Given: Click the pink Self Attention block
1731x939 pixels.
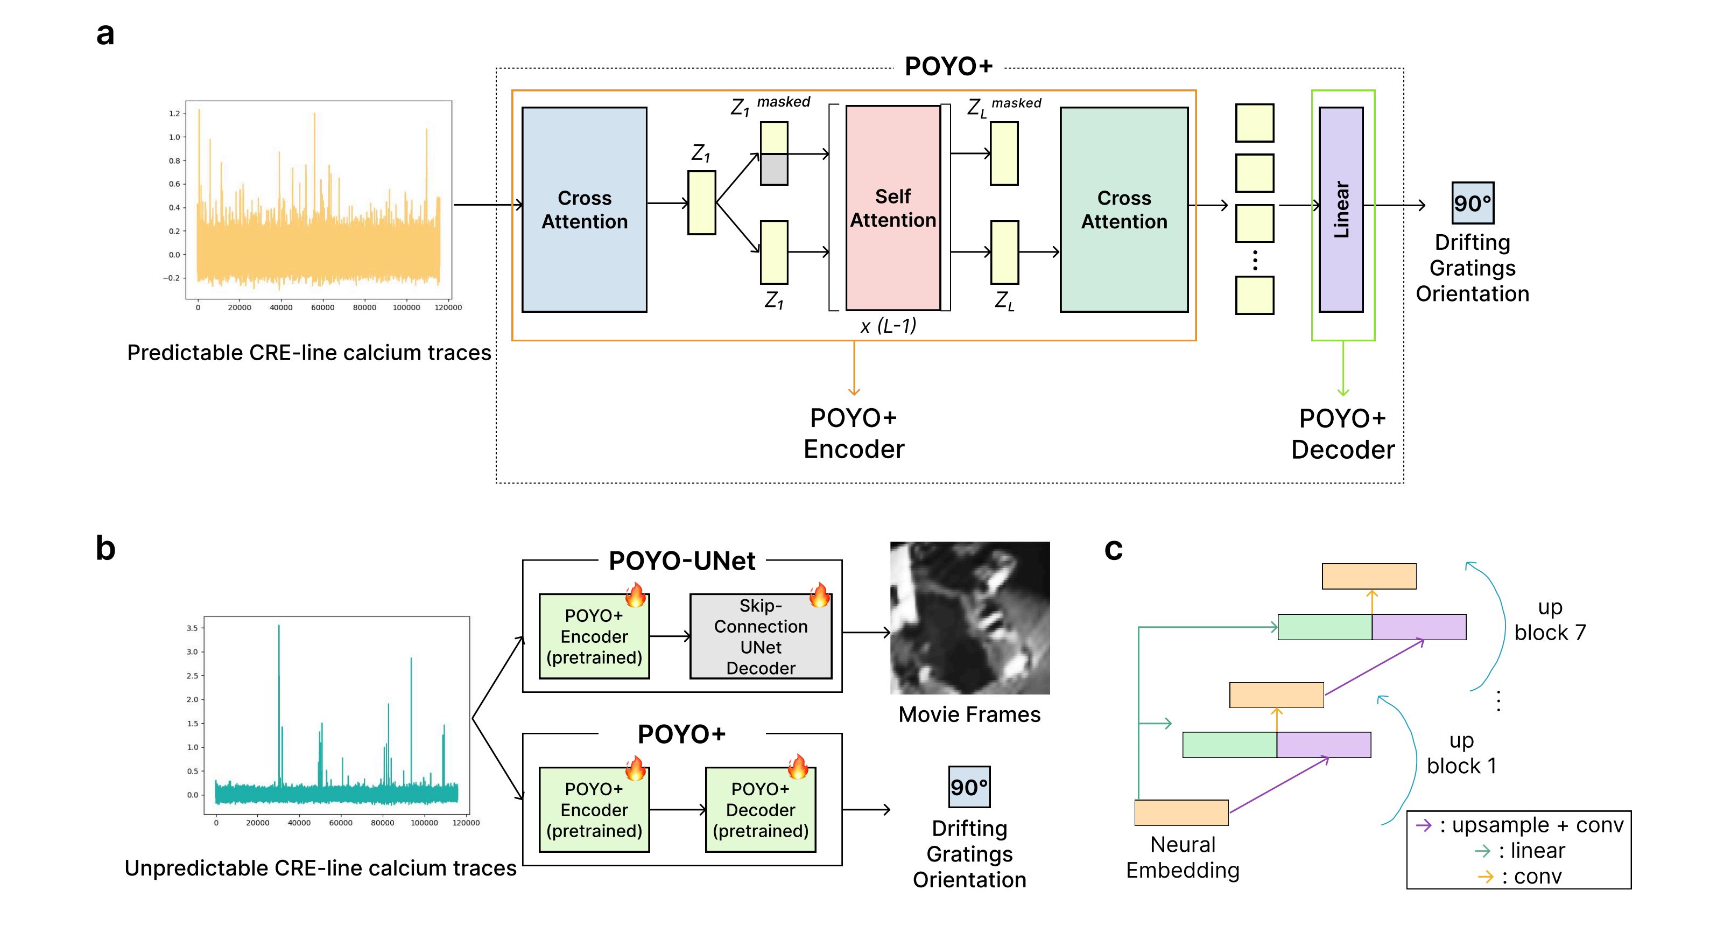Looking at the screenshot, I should (x=892, y=208).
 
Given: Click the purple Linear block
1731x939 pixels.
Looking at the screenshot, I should (x=1341, y=209).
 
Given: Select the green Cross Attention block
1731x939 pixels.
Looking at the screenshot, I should (x=1123, y=209).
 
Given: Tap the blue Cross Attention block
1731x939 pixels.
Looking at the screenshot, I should (x=584, y=209).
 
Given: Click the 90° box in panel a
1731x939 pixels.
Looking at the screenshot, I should (x=1472, y=203).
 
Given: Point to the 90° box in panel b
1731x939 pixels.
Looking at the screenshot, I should (x=969, y=787).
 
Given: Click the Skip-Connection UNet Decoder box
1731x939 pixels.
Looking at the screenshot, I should (x=760, y=636).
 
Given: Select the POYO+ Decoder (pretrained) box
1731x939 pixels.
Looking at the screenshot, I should (x=760, y=809).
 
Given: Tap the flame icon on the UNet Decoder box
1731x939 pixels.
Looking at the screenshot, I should (x=819, y=595).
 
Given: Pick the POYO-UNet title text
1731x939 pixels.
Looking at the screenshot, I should (x=681, y=560).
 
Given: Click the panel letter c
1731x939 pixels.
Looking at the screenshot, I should (x=1114, y=549).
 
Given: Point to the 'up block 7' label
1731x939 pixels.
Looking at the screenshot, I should (x=1550, y=620).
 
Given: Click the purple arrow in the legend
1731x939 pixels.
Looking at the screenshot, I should (x=1423, y=825).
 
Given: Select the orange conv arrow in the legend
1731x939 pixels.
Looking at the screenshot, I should (x=1485, y=877).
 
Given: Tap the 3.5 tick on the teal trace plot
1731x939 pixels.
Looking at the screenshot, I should (x=192, y=628).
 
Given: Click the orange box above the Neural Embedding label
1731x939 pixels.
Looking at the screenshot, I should (x=1181, y=812).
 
